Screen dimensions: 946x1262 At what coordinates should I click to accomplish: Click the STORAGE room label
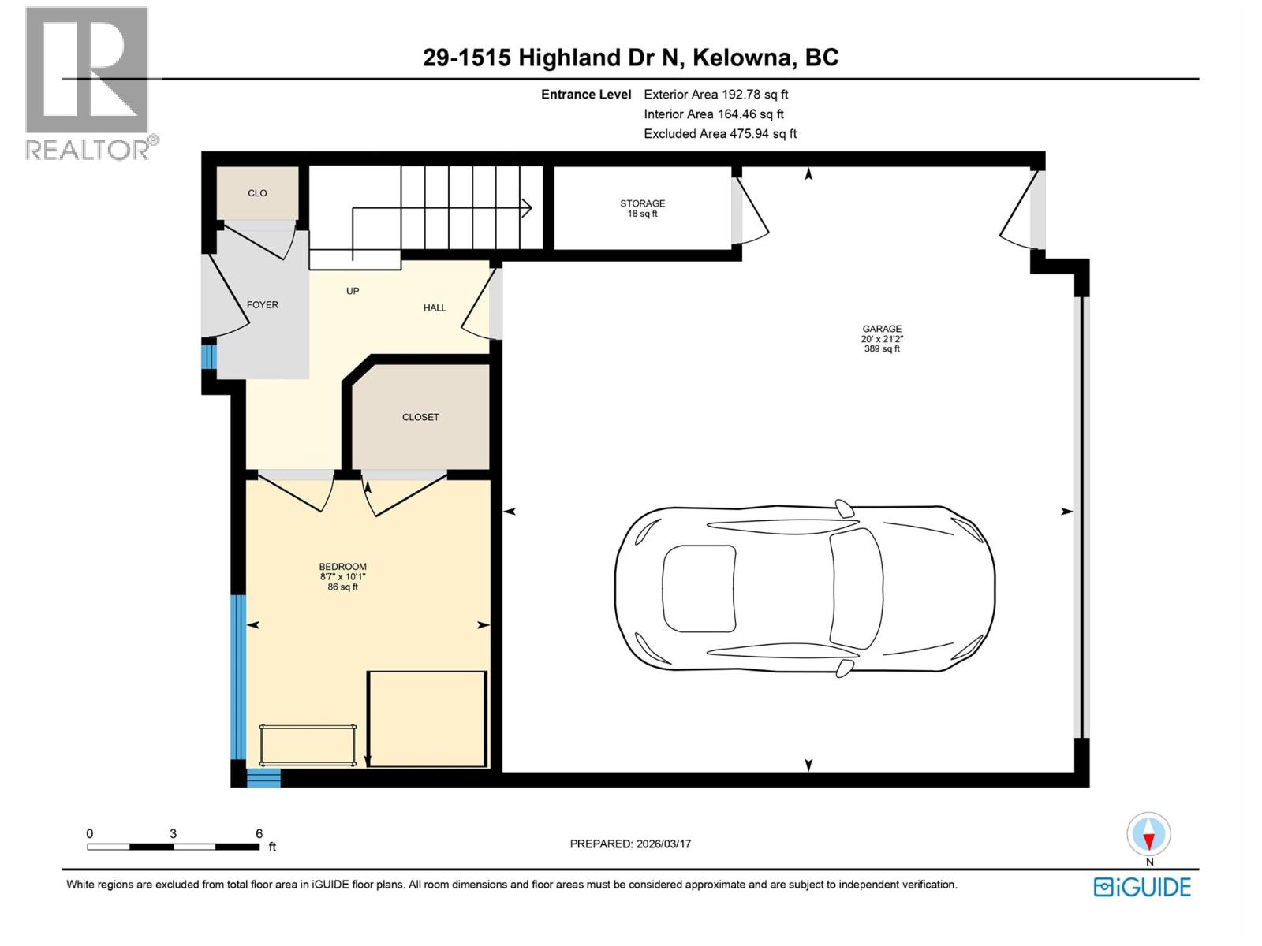(x=642, y=203)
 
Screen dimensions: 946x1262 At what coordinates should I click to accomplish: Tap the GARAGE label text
(x=881, y=329)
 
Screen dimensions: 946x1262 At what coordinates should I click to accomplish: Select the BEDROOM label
(x=342, y=567)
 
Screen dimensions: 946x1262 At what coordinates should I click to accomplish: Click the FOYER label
(x=262, y=305)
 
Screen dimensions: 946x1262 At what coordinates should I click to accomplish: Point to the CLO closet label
(x=257, y=193)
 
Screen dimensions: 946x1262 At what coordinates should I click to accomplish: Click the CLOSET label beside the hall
(x=420, y=417)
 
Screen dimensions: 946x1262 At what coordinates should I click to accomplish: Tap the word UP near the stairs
(x=353, y=291)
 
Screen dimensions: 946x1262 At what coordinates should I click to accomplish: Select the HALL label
(x=435, y=308)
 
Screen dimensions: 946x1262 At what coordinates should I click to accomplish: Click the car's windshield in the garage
(x=856, y=587)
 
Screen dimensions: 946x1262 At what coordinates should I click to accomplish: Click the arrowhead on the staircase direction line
(x=528, y=208)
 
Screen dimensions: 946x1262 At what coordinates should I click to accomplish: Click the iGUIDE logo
(x=1141, y=887)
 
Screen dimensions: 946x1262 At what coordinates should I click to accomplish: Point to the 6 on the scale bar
(x=259, y=833)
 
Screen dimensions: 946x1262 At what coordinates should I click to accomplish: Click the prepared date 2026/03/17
(x=662, y=844)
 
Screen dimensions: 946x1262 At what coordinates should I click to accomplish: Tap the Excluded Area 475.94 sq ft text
(x=719, y=134)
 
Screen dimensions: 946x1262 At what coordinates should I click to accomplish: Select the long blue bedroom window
(x=238, y=676)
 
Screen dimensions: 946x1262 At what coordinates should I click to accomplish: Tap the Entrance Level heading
(x=585, y=95)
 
